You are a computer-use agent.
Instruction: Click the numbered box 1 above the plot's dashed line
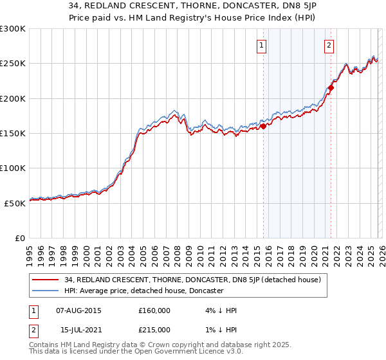pos(262,46)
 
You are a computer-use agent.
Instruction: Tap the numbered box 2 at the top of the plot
pos(329,46)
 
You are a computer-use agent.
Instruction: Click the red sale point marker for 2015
pos(263,126)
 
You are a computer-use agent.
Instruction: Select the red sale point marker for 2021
pos(331,88)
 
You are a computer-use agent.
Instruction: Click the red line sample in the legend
pos(46,279)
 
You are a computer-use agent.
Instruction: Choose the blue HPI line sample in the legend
pos(46,291)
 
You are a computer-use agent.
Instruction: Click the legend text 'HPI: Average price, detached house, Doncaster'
pos(143,291)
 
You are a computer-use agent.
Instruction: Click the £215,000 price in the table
pos(154,330)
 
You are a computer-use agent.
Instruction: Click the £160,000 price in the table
pos(154,310)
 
